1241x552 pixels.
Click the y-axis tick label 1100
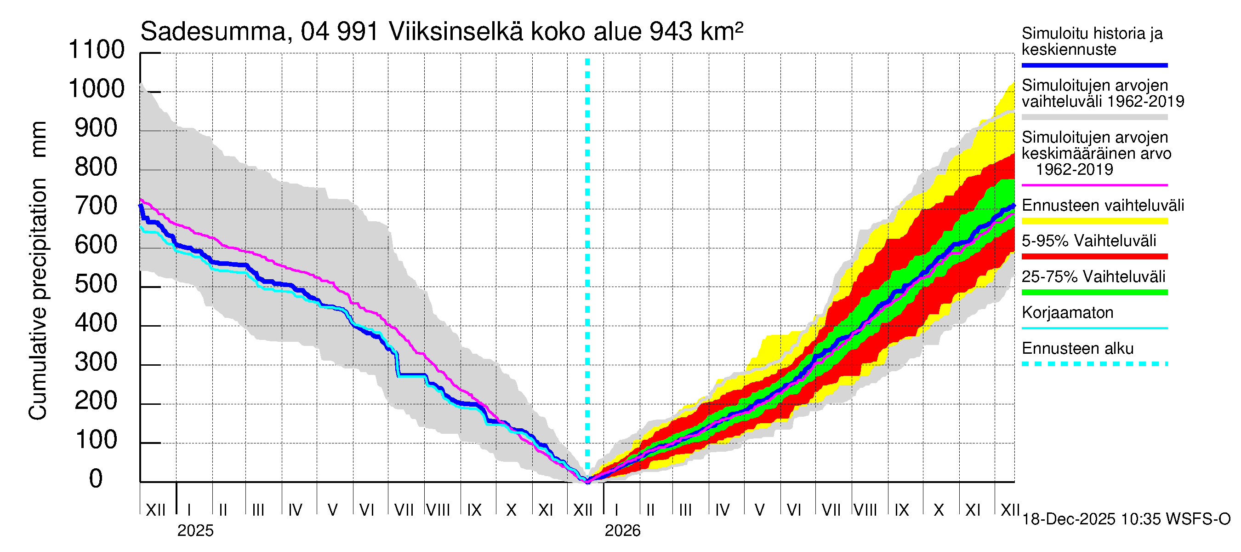pyautogui.click(x=97, y=50)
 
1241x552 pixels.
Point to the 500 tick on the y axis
pyautogui.click(x=97, y=284)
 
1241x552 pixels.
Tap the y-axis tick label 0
pyautogui.click(x=96, y=479)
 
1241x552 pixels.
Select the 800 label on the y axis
pyautogui.click(x=97, y=167)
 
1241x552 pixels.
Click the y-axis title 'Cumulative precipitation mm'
pyautogui.click(x=38, y=270)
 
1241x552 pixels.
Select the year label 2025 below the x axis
pyautogui.click(x=195, y=531)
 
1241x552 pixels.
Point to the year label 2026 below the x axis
pyautogui.click(x=622, y=531)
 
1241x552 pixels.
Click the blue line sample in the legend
pyautogui.click(x=1094, y=65)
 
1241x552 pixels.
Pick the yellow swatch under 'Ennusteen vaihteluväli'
pyautogui.click(x=1094, y=221)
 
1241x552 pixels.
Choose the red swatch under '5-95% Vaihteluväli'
pyautogui.click(x=1094, y=257)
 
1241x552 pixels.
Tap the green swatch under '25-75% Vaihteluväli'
pyautogui.click(x=1094, y=292)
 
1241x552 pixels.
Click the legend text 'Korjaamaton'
pyautogui.click(x=1067, y=313)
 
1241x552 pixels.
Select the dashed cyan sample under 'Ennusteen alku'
pyautogui.click(x=1094, y=364)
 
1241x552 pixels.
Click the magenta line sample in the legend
pyautogui.click(x=1094, y=185)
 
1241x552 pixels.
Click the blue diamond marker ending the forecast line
pyautogui.click(x=1013, y=206)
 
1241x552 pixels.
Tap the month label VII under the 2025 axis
pyautogui.click(x=404, y=510)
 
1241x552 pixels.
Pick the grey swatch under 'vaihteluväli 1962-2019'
pyautogui.click(x=1094, y=117)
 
